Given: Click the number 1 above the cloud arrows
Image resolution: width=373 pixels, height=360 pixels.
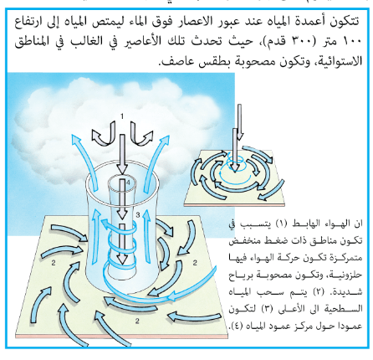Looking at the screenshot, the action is point(122,116).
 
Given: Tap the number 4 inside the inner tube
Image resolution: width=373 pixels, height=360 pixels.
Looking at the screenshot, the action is point(128,183).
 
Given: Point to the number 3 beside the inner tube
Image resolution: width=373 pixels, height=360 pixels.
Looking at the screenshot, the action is point(138,215).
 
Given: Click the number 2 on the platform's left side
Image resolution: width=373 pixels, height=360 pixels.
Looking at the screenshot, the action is point(54,263).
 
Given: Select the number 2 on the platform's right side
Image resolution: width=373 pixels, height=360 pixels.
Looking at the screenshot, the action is point(195,263).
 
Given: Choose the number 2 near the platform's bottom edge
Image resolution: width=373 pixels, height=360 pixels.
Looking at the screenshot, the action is point(137,321).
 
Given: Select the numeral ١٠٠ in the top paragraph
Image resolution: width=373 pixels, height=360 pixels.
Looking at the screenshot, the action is point(352,41).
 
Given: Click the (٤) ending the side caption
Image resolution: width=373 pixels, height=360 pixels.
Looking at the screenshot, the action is point(234,326).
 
